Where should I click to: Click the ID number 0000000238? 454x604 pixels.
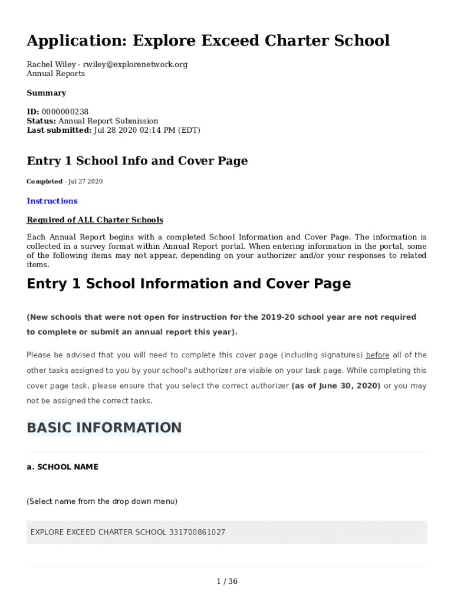[x=65, y=111]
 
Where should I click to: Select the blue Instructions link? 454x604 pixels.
[x=52, y=201]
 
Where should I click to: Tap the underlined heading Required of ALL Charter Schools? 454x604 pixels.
[x=95, y=220]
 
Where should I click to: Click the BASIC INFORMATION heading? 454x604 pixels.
[x=104, y=428]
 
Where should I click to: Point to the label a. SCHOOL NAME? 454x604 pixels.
[x=62, y=467]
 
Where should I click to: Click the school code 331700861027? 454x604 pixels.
[x=197, y=533]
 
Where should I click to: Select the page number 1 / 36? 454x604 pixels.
[x=227, y=582]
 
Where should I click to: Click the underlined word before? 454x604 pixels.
[x=377, y=355]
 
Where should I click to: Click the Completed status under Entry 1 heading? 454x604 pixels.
[x=44, y=182]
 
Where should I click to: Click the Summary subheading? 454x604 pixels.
[x=47, y=93]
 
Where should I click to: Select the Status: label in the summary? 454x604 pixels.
[x=41, y=121]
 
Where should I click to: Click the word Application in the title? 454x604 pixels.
[x=76, y=41]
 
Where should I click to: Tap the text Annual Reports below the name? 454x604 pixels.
[x=56, y=74]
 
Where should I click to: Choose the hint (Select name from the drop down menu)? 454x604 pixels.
[x=102, y=502]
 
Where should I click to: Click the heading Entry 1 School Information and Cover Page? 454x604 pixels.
[x=189, y=284]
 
